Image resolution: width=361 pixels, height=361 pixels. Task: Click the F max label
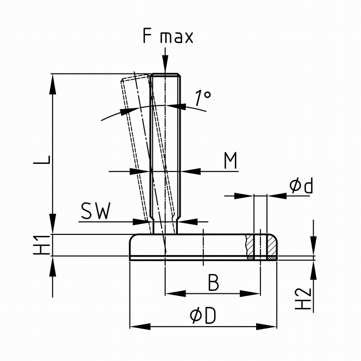click(168, 37)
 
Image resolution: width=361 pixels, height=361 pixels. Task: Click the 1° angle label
click(203, 98)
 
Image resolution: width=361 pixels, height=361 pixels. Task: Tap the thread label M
click(231, 161)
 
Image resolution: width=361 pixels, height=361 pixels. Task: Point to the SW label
click(96, 211)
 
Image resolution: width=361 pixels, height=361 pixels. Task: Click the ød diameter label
click(301, 186)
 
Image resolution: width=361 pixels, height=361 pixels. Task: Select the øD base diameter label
click(202, 317)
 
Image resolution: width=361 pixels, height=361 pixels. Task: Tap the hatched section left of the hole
click(250, 246)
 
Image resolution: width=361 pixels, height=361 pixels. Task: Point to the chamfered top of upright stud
click(166, 76)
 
